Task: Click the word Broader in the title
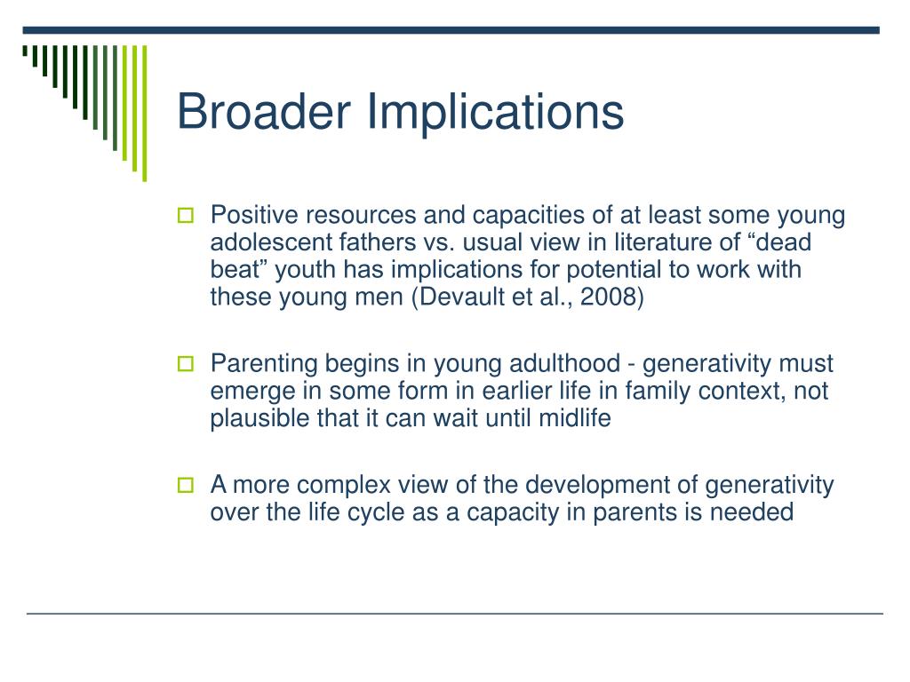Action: [264, 111]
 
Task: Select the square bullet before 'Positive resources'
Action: [185, 215]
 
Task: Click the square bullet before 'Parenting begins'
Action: [185, 363]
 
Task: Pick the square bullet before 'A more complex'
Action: [185, 485]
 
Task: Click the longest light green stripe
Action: [145, 114]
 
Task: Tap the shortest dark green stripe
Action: [25, 51]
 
